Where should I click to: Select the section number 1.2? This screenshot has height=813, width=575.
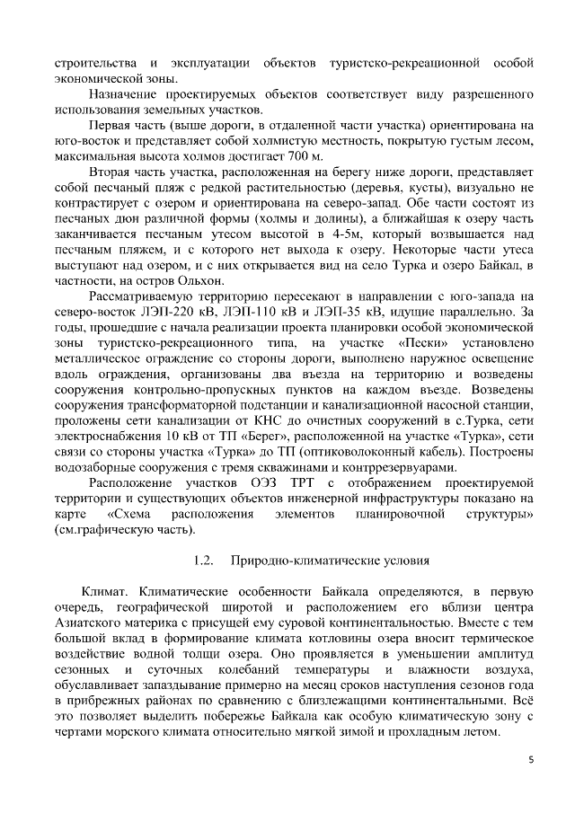204,561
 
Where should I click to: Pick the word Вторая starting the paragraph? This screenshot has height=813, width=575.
112,172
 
